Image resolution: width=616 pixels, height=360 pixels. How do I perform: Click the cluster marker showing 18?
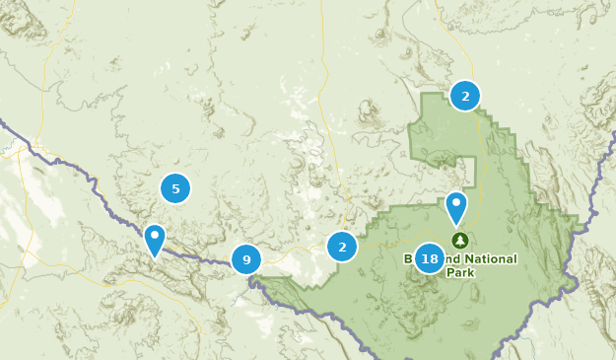coord(430,259)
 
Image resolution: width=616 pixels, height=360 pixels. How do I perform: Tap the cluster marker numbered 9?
coord(246,260)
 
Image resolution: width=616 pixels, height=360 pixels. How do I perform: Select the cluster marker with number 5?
coord(174,188)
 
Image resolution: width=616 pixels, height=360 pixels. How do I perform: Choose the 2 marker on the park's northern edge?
coord(465,96)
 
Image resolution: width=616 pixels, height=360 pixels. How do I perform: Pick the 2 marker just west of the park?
coord(342,247)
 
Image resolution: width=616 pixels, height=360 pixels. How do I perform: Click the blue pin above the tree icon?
coord(456,207)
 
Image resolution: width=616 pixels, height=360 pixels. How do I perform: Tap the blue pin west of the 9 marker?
coord(154,240)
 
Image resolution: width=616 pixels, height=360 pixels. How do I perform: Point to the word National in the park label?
coord(483,258)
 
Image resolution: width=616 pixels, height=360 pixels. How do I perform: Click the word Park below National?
coord(459,272)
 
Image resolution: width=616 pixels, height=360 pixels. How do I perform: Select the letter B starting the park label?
coord(408,258)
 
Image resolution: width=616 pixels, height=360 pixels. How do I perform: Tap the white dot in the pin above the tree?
coord(456,203)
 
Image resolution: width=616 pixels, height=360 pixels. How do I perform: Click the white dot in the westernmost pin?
coord(154,235)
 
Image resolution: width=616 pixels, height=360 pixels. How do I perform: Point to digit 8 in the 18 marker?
coord(435,259)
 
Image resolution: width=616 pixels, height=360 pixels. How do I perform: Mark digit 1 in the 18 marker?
coord(424,259)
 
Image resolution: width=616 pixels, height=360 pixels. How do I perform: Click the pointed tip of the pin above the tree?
coord(456,227)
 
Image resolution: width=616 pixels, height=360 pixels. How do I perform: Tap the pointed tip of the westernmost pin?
coord(154,258)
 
